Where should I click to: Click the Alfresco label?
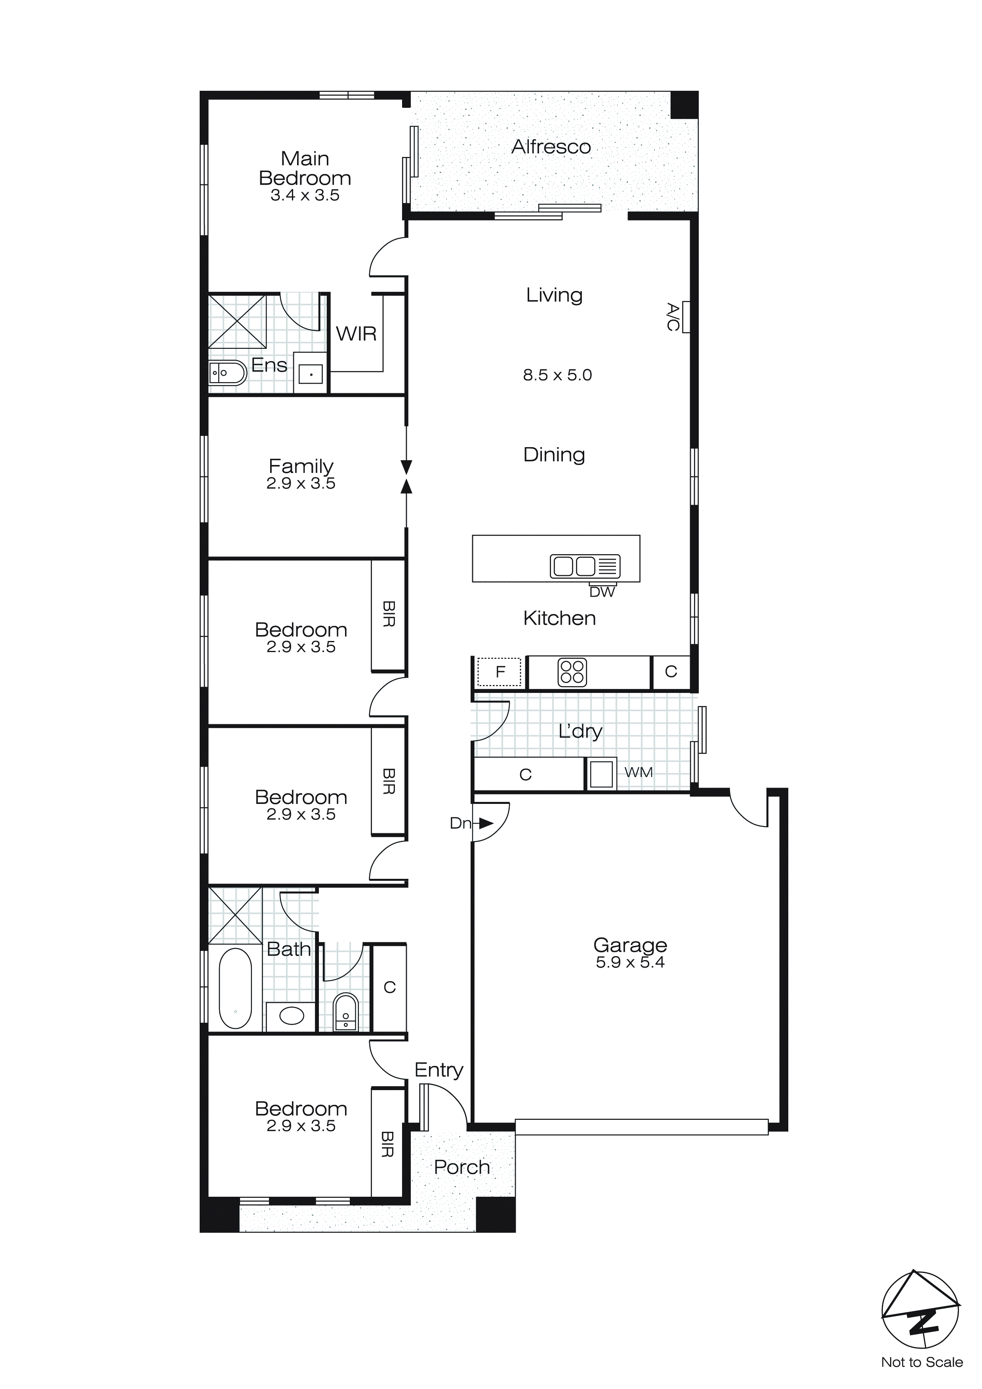551,147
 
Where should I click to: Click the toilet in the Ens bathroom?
227,373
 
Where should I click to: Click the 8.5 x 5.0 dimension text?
557,375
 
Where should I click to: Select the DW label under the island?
602,592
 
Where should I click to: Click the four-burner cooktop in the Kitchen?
572,672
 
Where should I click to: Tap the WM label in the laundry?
639,773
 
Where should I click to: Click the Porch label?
462,1167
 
